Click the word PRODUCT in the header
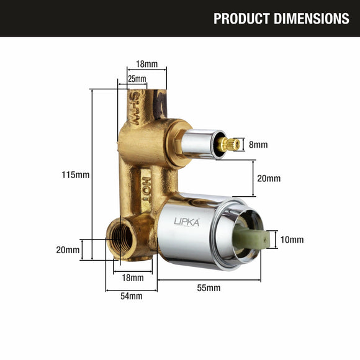coord(241,19)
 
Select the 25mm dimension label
coord(137,79)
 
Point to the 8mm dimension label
coord(258,145)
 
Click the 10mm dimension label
coord(292,240)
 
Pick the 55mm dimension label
coord(209,288)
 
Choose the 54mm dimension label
coord(131,296)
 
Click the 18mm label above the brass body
coord(146,64)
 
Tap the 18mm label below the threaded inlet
coord(132,277)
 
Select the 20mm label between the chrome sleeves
coord(269,178)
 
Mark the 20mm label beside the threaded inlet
coord(68,250)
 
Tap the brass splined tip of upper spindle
coord(230,144)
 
